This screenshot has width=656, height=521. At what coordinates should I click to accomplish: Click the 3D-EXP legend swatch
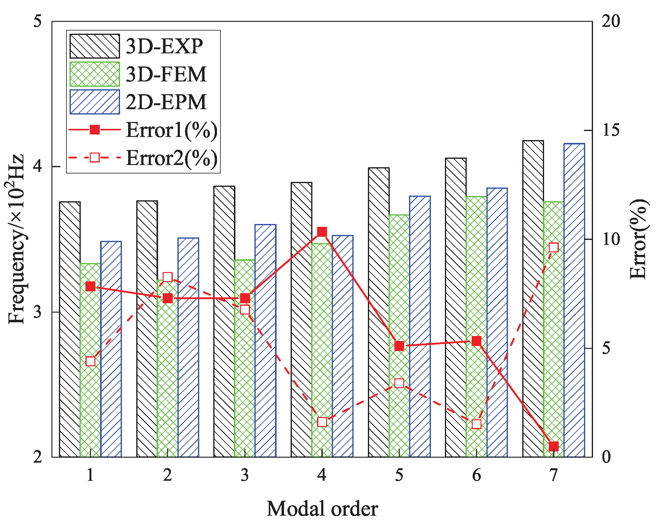point(94,46)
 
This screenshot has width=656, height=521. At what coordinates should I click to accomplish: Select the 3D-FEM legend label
point(166,74)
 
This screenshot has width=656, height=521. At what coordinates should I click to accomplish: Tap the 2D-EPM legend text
point(166,102)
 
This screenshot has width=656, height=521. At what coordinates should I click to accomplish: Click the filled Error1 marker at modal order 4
point(322,232)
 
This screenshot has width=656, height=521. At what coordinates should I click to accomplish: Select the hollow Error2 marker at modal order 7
point(553,247)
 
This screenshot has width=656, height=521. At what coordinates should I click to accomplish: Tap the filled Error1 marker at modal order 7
point(553,446)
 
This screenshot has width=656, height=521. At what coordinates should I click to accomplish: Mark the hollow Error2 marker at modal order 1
point(90,361)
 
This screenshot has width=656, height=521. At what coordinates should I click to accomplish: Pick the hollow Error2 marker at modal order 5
point(399,383)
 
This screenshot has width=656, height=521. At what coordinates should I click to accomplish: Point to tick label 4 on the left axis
point(38,166)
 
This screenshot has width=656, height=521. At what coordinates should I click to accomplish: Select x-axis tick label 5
point(399,475)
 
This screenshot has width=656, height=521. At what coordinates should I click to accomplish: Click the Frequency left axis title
point(16,239)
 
